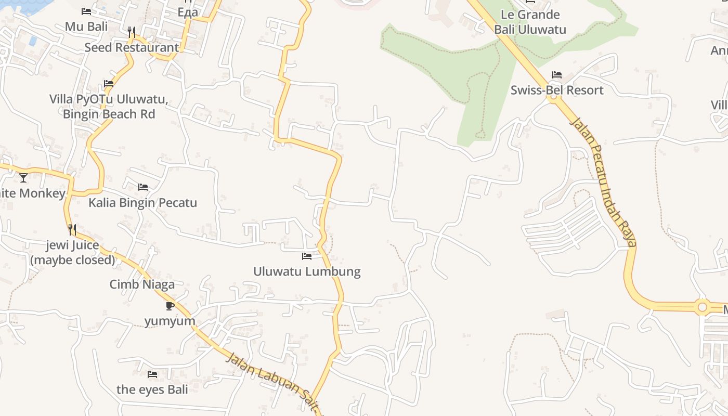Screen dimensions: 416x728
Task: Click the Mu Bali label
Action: coord(86,26)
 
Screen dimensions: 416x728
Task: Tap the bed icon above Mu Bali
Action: coord(86,11)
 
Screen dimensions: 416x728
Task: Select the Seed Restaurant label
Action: coord(132,47)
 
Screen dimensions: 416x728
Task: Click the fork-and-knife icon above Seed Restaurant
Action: coord(132,32)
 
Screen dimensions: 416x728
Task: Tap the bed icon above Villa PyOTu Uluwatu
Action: coord(109,83)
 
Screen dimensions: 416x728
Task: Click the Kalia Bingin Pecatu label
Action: coord(142,202)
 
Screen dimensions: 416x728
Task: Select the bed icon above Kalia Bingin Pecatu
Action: coord(143,187)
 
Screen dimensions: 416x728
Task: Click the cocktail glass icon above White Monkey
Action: coord(23,178)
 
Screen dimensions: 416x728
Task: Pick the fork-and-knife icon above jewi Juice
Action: coord(72,229)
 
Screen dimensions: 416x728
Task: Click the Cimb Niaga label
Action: coord(142,284)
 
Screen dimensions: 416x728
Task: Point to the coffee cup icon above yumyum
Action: coord(170,306)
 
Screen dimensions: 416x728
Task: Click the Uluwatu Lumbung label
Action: coord(307,271)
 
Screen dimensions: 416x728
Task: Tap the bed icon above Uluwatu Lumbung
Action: coord(307,256)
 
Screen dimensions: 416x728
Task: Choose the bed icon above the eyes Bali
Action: coord(152,374)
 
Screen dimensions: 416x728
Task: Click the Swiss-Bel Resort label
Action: coord(557,90)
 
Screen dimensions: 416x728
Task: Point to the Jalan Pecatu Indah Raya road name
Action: coord(604,182)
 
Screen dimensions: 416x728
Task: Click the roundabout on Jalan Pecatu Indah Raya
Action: coord(703,307)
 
